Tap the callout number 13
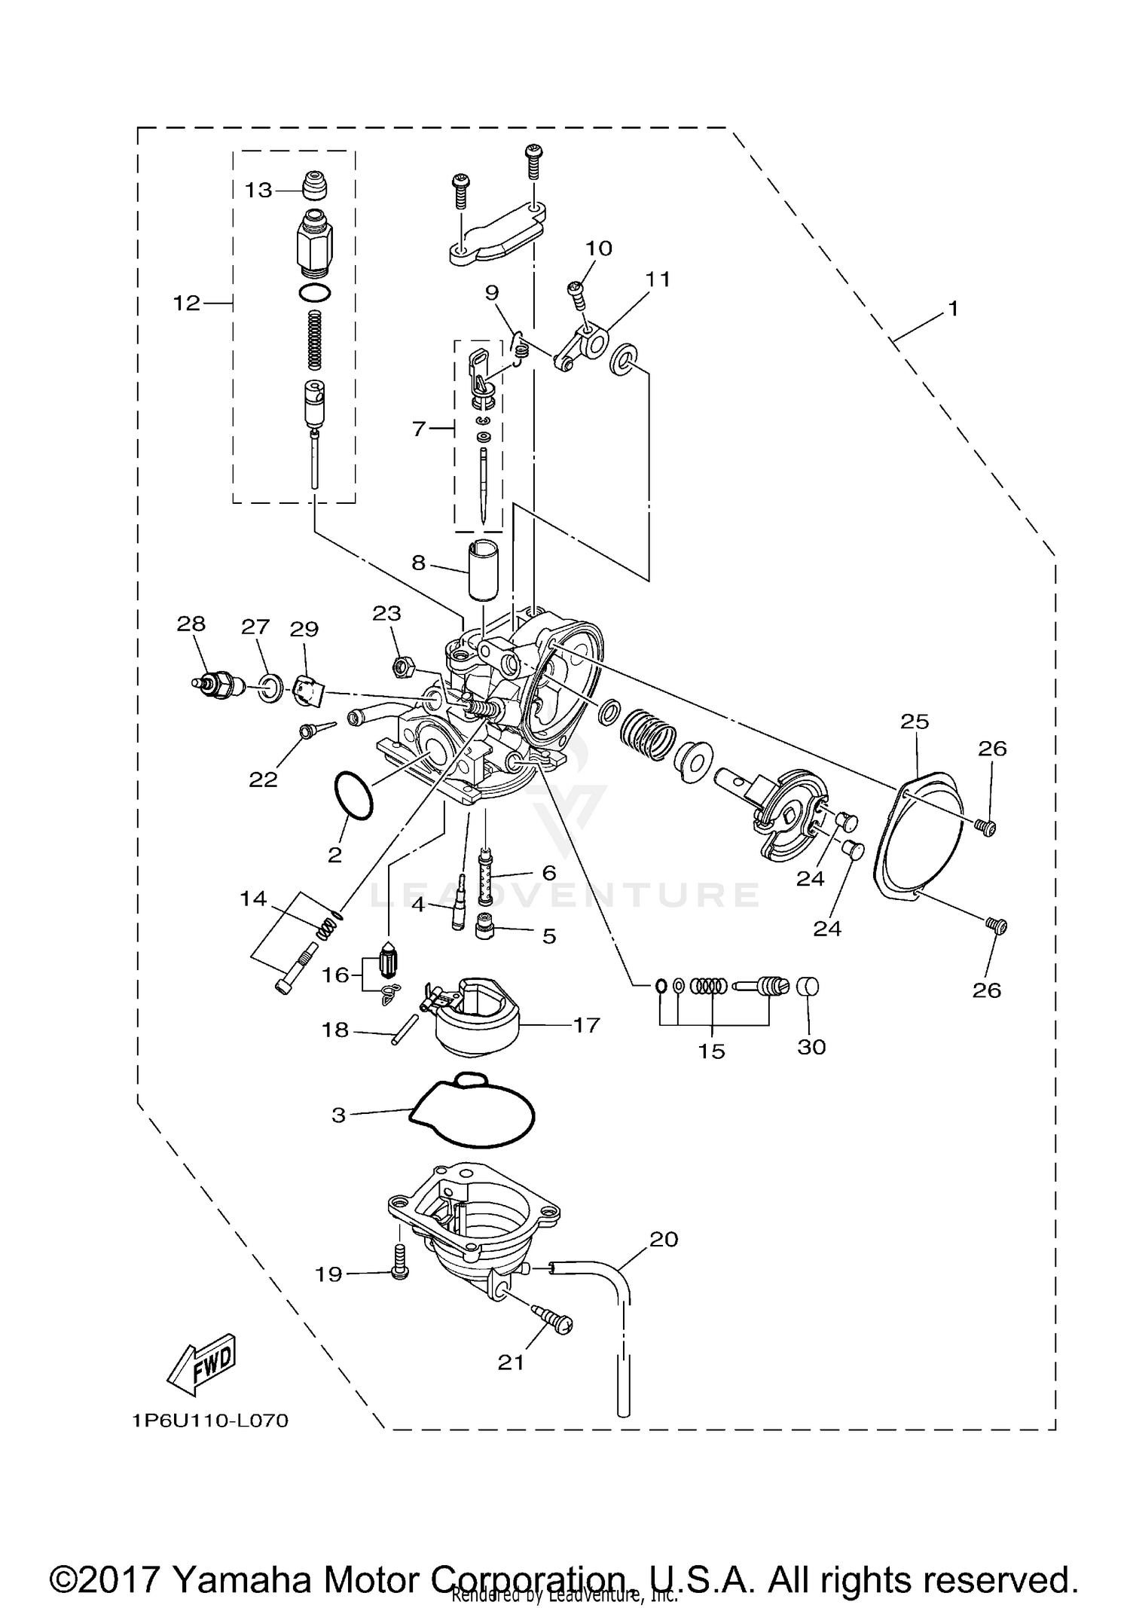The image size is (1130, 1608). pyautogui.click(x=258, y=190)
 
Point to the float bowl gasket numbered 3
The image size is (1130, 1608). pyautogui.click(x=472, y=1121)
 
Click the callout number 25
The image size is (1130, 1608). pyautogui.click(x=915, y=722)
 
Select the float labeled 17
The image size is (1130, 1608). pyautogui.click(x=479, y=1018)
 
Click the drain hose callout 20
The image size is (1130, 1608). pyautogui.click(x=664, y=1238)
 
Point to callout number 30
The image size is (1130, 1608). pyautogui.click(x=811, y=1047)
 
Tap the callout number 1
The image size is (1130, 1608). pyautogui.click(x=953, y=308)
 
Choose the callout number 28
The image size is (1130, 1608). pyautogui.click(x=191, y=624)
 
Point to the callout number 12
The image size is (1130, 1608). pyautogui.click(x=187, y=303)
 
